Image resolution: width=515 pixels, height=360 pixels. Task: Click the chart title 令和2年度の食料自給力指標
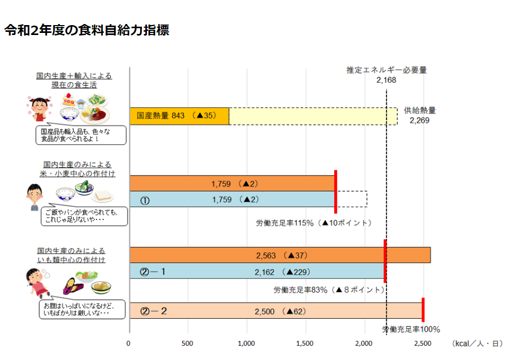[x=87, y=30]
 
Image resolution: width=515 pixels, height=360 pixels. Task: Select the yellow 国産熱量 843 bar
[x=179, y=116]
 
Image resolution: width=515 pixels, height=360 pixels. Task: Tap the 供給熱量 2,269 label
[x=419, y=115]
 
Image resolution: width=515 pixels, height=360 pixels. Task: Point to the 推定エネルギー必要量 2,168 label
[x=386, y=75]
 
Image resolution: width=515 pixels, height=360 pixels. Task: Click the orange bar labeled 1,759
[x=232, y=183]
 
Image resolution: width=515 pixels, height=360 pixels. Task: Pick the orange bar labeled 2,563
[x=280, y=255]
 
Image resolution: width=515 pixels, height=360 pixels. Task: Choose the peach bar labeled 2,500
[x=276, y=310]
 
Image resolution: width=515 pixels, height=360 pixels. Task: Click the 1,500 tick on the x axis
[x=304, y=343]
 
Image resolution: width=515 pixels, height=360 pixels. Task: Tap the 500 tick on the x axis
[x=187, y=343]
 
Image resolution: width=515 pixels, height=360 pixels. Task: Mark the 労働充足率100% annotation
[x=411, y=329]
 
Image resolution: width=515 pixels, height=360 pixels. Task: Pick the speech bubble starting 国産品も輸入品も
[x=81, y=135]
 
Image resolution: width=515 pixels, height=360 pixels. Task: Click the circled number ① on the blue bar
[x=145, y=201]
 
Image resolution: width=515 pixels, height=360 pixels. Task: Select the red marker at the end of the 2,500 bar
[x=423, y=310]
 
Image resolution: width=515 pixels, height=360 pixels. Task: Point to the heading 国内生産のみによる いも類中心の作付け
[x=71, y=256]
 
